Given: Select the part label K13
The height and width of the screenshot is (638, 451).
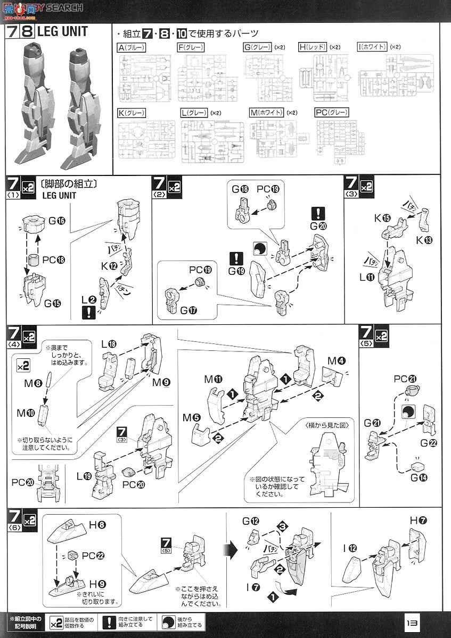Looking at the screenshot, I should (x=425, y=239).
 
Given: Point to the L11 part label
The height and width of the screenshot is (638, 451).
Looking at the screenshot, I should (x=367, y=278).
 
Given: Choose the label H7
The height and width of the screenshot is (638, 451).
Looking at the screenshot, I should (x=418, y=520).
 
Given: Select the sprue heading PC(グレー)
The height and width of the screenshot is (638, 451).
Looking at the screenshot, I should (x=331, y=112).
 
